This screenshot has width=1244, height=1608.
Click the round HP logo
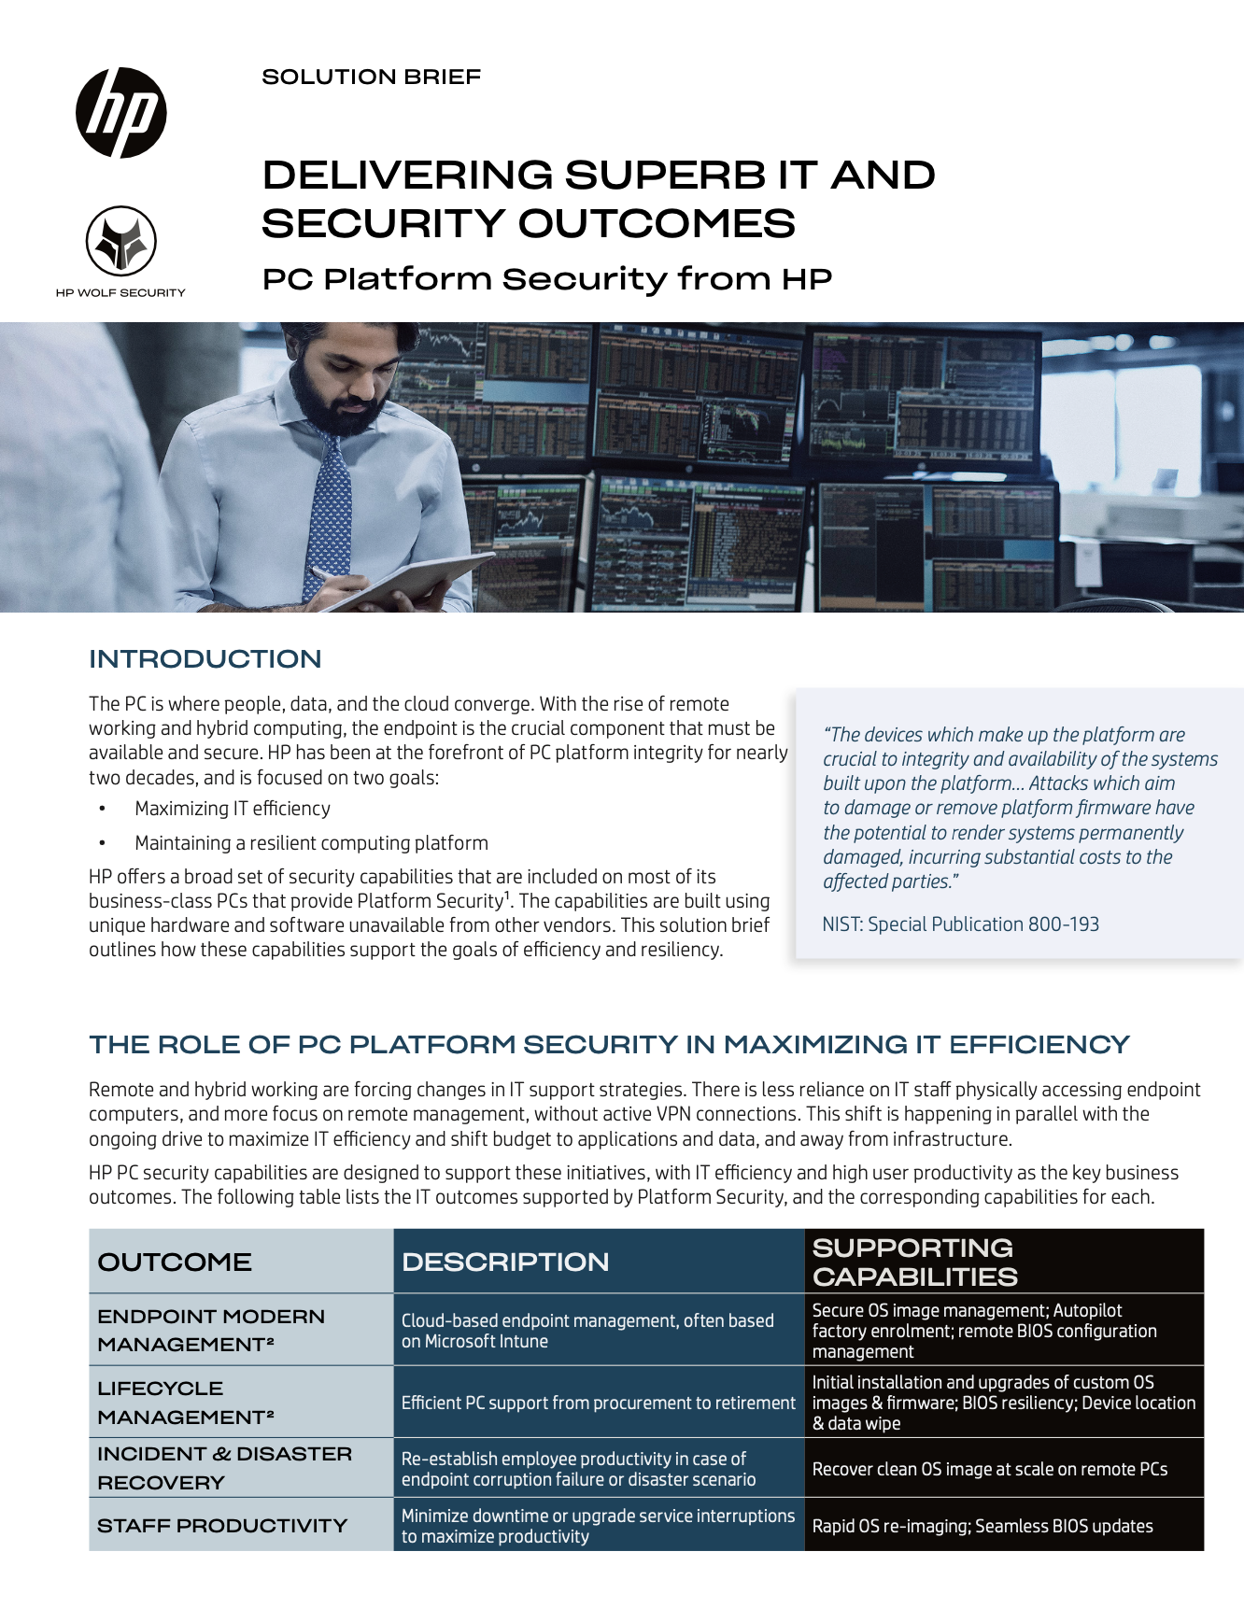tap(121, 113)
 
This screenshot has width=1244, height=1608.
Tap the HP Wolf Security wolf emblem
tap(121, 241)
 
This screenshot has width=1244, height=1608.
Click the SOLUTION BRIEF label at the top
tap(371, 77)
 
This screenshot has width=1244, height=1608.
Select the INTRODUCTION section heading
tap(205, 658)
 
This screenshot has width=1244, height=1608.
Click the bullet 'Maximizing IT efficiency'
tap(232, 809)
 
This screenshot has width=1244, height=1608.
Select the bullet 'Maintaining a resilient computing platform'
tap(311, 843)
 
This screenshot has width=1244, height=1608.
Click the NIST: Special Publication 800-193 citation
tap(960, 924)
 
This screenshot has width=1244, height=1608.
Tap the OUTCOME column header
tap(175, 1262)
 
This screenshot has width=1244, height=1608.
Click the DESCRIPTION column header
tap(505, 1262)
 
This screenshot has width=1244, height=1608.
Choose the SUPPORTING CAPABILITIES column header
tap(914, 1262)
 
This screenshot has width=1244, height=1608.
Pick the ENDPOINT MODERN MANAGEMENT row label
tap(211, 1330)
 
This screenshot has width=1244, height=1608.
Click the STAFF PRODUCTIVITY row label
tap(222, 1525)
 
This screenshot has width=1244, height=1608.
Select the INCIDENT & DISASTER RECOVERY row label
tap(224, 1468)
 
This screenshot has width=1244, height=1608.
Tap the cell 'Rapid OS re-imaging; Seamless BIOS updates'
tap(982, 1526)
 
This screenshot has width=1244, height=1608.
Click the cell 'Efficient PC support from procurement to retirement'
tap(598, 1403)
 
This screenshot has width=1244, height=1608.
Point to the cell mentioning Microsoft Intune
tap(587, 1331)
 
